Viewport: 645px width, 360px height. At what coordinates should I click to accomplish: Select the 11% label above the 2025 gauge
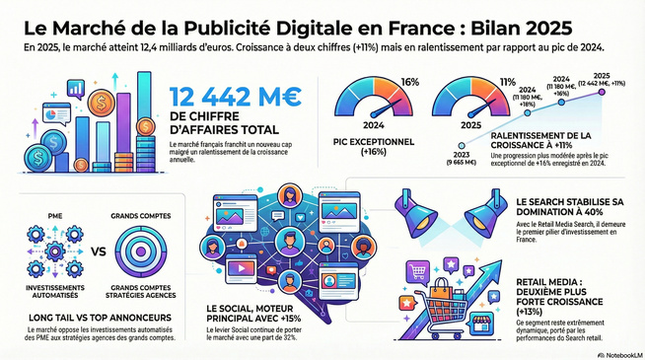[x=508, y=82]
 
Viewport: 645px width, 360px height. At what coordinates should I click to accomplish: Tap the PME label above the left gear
[x=56, y=213]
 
